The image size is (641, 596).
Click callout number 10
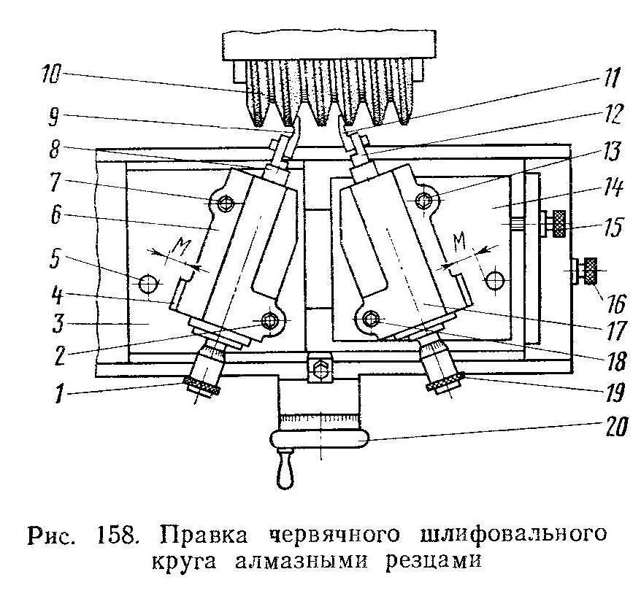click(50, 76)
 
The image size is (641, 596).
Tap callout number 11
click(612, 78)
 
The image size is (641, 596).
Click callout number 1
click(59, 395)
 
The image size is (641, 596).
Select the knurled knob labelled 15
click(558, 224)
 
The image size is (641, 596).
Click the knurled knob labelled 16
click(590, 271)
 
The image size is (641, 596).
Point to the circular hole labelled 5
click(147, 283)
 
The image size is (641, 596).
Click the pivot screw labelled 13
click(424, 200)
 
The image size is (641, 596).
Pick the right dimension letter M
click(461, 242)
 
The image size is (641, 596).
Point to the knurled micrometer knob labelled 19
click(445, 383)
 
